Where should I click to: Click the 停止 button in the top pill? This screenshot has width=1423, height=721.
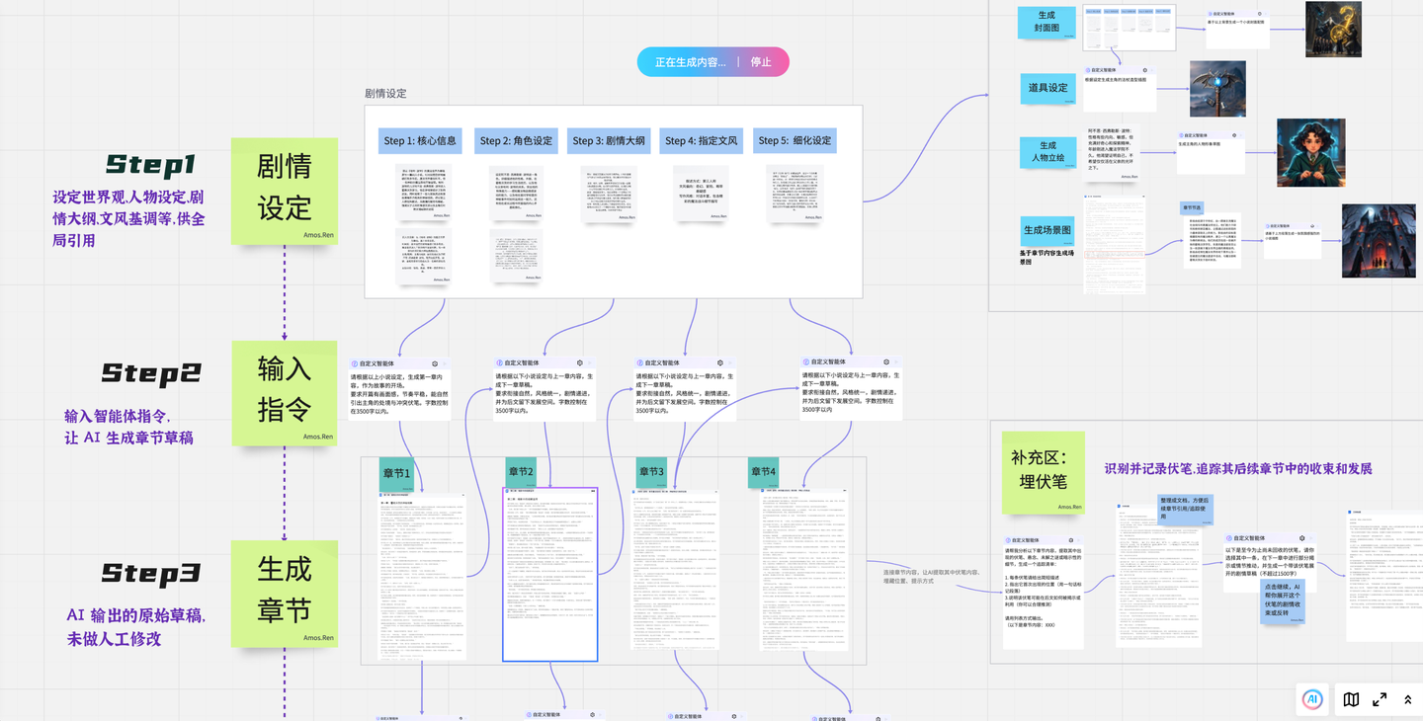pyautogui.click(x=761, y=62)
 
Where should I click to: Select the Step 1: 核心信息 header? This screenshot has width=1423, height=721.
pyautogui.click(x=420, y=140)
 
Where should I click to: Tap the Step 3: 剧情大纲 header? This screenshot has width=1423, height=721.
pyautogui.click(x=609, y=140)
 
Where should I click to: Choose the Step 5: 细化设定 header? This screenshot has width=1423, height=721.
pyautogui.click(x=795, y=140)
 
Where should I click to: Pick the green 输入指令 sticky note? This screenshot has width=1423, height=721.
pyautogui.click(x=285, y=391)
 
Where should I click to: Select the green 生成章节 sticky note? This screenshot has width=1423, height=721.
pyautogui.click(x=285, y=592)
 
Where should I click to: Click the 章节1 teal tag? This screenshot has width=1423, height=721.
pyautogui.click(x=396, y=473)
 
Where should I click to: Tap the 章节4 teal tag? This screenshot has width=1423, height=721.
pyautogui.click(x=763, y=472)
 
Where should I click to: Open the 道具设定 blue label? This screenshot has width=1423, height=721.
pyautogui.click(x=1047, y=88)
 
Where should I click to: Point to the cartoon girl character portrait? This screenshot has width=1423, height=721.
pyautogui.click(x=1310, y=152)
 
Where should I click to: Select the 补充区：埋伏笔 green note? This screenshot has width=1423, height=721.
pyautogui.click(x=1043, y=471)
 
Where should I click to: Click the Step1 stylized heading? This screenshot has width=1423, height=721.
pyautogui.click(x=151, y=164)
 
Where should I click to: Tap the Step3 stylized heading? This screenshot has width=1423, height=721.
pyautogui.click(x=151, y=574)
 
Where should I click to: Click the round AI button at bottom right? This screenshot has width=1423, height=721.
pyautogui.click(x=1312, y=699)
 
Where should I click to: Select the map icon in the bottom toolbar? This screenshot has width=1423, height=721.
pyautogui.click(x=1351, y=699)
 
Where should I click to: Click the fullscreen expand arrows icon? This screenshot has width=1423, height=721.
pyautogui.click(x=1380, y=699)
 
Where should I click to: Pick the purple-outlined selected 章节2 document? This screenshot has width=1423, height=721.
pyautogui.click(x=549, y=574)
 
